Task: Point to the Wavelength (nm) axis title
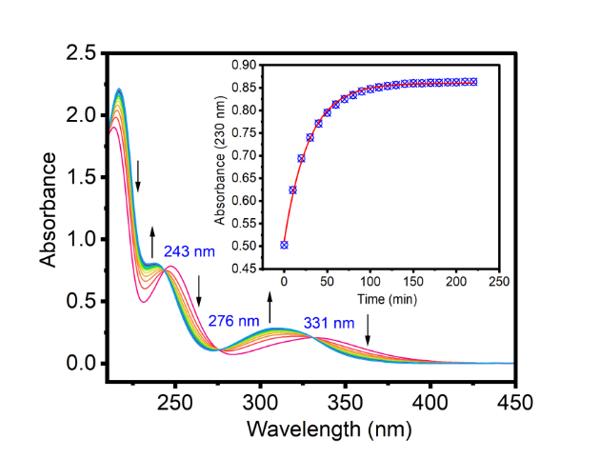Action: [330, 429]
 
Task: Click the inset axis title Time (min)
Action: [392, 299]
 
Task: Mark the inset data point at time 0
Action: [284, 245]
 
